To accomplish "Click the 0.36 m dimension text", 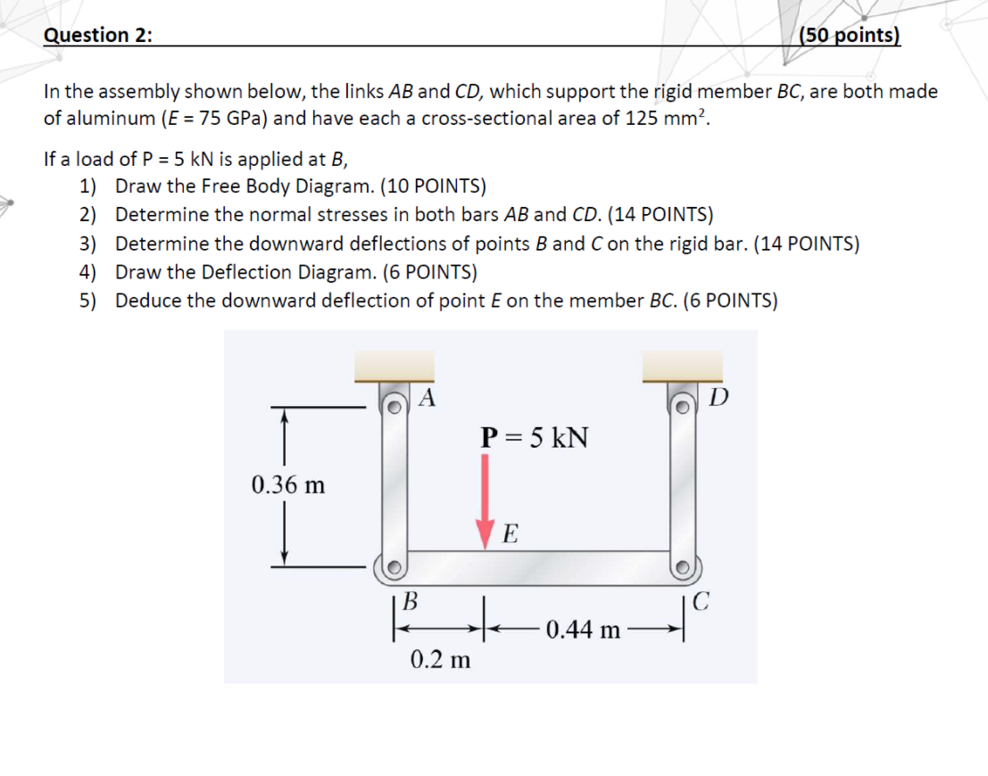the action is [288, 485].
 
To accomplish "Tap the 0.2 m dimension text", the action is [440, 660].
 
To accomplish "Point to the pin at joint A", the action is [393, 404].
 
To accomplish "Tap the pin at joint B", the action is [394, 565].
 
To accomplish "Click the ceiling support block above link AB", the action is [394, 367].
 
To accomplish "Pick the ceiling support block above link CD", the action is [683, 367].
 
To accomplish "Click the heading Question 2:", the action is [98, 35].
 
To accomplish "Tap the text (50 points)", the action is [850, 35].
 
